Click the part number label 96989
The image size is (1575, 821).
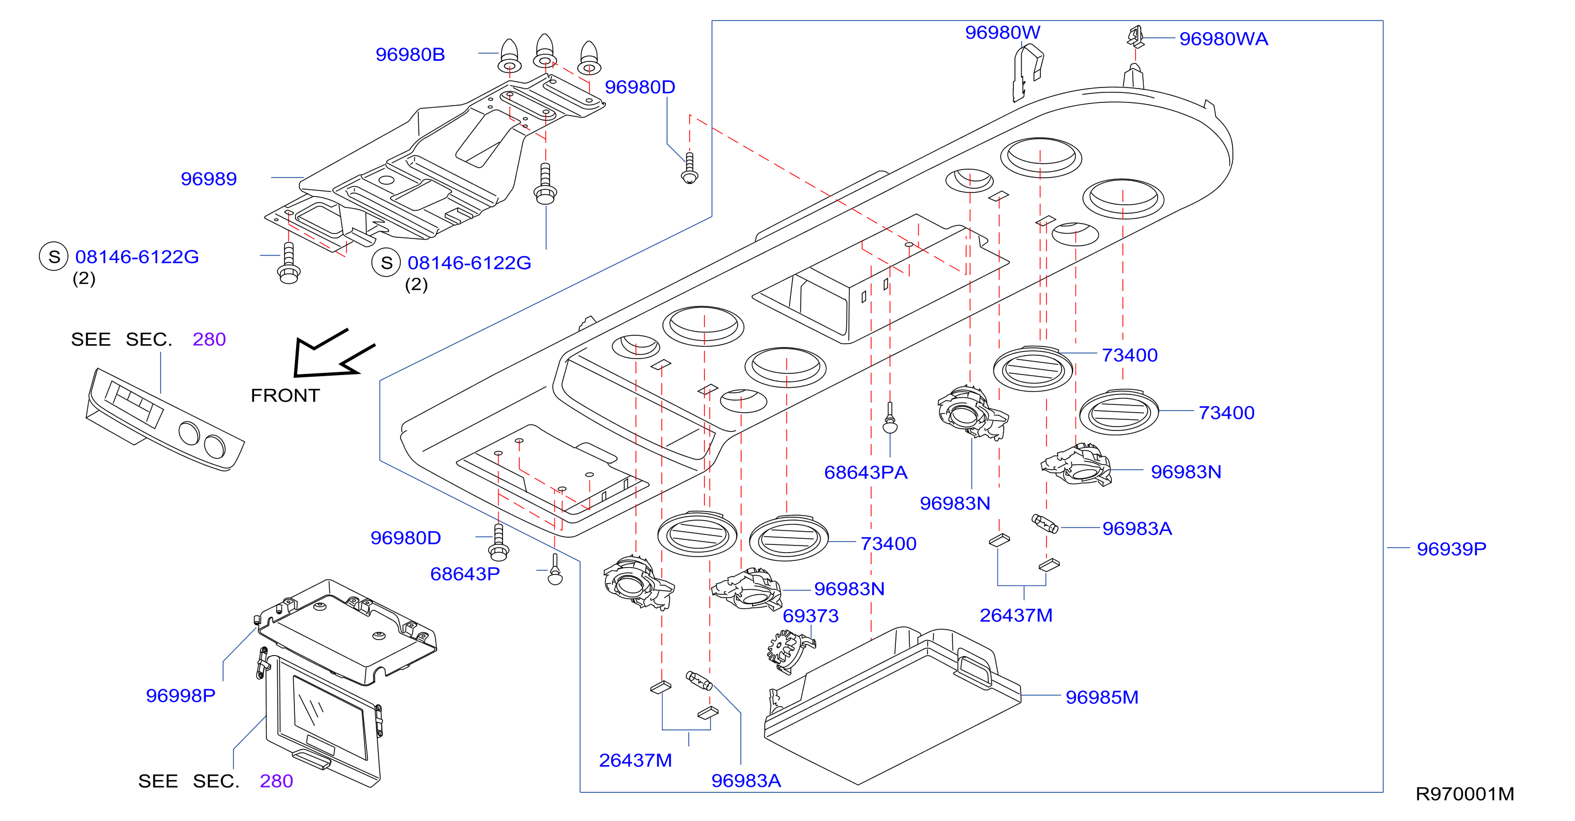[x=209, y=179]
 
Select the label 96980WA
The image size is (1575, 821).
[x=1224, y=39]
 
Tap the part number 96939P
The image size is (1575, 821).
[x=1451, y=549]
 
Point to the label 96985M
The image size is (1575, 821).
[x=1102, y=698]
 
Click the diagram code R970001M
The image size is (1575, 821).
[x=1464, y=794]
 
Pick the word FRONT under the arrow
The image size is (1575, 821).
[x=285, y=396]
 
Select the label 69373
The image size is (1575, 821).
[x=811, y=616]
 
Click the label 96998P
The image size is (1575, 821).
[x=180, y=695]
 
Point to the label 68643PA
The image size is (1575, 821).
[x=865, y=472]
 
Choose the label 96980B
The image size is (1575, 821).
[x=410, y=55]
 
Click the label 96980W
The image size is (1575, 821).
[x=1002, y=33]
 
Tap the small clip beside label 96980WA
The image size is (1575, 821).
[x=1136, y=37]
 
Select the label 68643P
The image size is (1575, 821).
[x=465, y=574]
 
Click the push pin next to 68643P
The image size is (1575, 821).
[x=555, y=569]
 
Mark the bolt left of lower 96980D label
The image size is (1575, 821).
[x=499, y=542]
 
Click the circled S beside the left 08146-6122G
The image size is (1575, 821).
[x=54, y=257]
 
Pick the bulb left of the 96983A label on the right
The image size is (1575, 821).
[x=1045, y=524]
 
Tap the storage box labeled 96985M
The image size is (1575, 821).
[x=893, y=706]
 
